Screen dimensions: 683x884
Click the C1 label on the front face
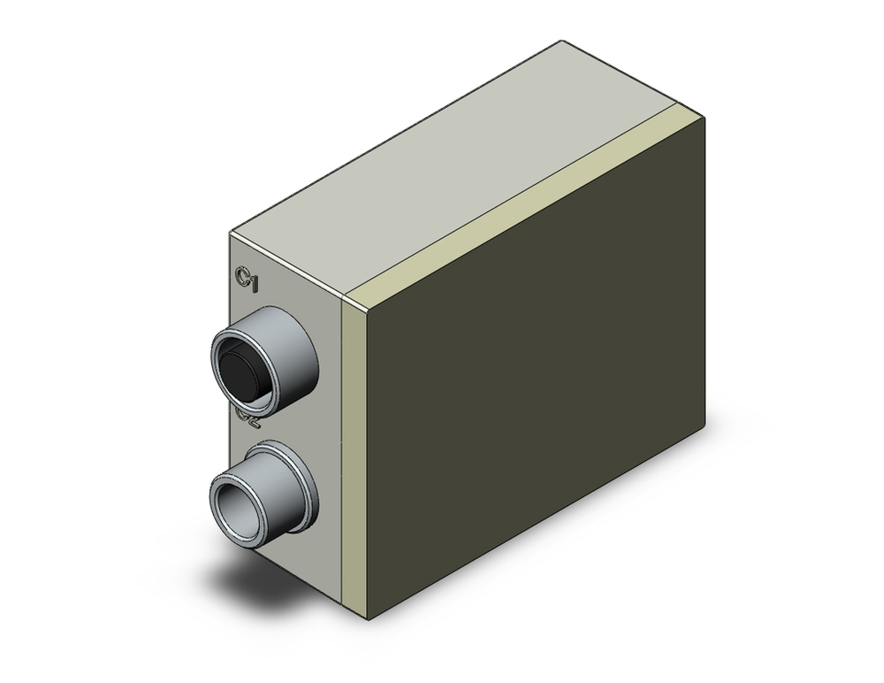coord(246,280)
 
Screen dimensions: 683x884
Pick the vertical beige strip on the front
coord(351,442)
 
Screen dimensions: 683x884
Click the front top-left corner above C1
coord(231,232)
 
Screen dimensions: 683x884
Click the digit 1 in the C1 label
coord(254,282)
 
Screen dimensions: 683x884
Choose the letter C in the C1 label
coord(240,277)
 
